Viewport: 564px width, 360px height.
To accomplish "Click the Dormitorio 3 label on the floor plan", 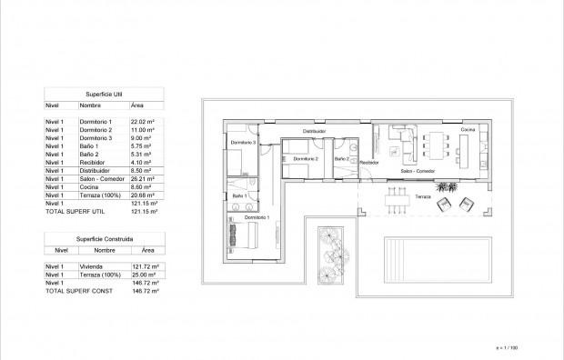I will pos(240,143).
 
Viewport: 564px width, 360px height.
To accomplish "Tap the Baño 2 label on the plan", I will pos(341,158).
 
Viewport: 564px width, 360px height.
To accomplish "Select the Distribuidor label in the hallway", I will pos(315,132).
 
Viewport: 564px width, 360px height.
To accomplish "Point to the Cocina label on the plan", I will pos(467,131).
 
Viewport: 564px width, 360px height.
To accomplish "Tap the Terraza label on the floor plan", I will pos(423,195).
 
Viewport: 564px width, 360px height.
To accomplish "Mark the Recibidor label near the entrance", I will pos(368,162).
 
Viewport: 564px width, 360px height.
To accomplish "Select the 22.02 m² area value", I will pos(145,122).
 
